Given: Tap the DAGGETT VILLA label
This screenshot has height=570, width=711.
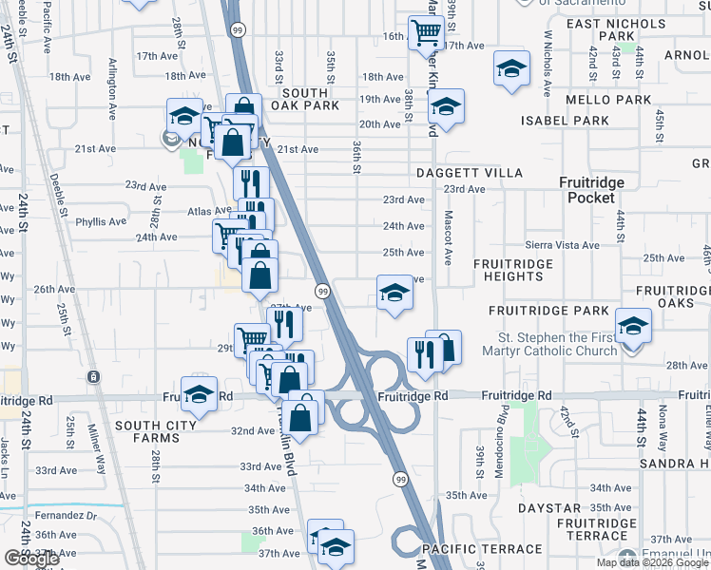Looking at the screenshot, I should (470, 173).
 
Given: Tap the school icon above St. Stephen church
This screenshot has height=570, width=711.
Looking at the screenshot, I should (632, 327).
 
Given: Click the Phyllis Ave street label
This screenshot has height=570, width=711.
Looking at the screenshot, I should (101, 221).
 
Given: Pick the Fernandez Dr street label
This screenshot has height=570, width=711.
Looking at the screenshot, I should (66, 515).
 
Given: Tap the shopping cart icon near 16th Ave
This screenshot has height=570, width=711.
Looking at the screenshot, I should (426, 33).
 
